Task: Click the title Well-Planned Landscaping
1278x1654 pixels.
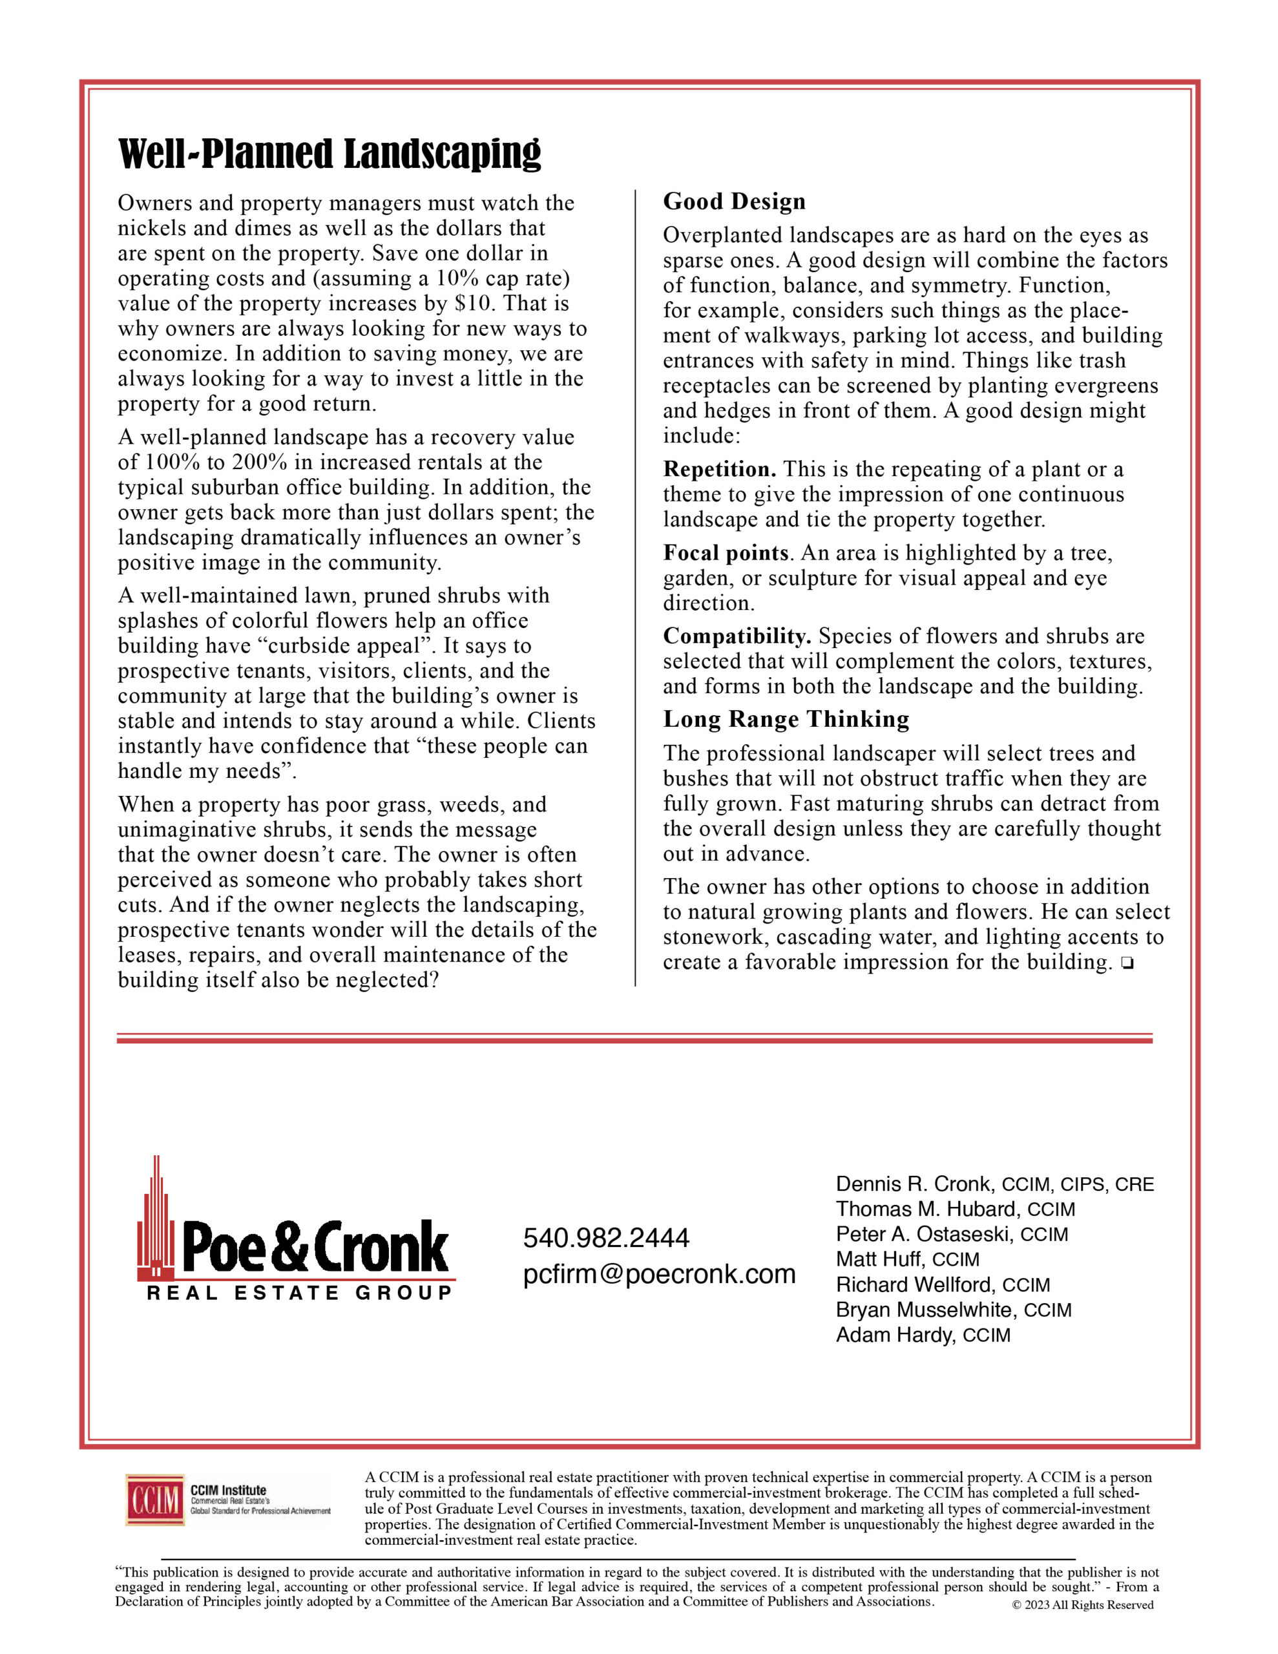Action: [330, 154]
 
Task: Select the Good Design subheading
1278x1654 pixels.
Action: [734, 202]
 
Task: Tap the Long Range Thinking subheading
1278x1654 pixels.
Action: [786, 718]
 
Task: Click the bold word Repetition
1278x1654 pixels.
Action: [719, 470]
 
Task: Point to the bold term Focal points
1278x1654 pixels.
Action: [726, 554]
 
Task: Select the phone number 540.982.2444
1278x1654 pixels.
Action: [606, 1238]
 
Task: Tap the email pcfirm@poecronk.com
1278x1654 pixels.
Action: [659, 1275]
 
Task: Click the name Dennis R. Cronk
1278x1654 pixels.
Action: [913, 1184]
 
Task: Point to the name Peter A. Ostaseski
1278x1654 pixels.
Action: [925, 1235]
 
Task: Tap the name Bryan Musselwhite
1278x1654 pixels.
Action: [926, 1310]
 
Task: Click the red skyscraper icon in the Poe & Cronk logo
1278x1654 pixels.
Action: [155, 1219]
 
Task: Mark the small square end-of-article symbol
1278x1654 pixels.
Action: [1127, 963]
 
